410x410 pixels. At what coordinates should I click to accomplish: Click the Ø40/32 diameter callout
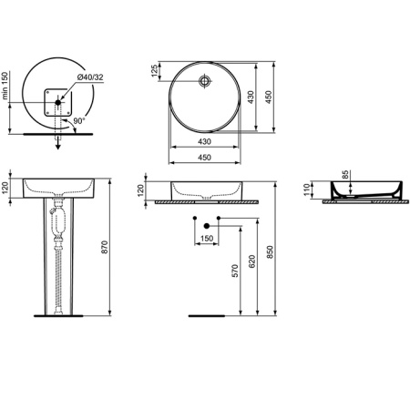click(x=89, y=78)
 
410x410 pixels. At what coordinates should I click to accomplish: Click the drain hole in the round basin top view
click(x=206, y=79)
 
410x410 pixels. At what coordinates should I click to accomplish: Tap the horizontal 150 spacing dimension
click(x=207, y=239)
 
